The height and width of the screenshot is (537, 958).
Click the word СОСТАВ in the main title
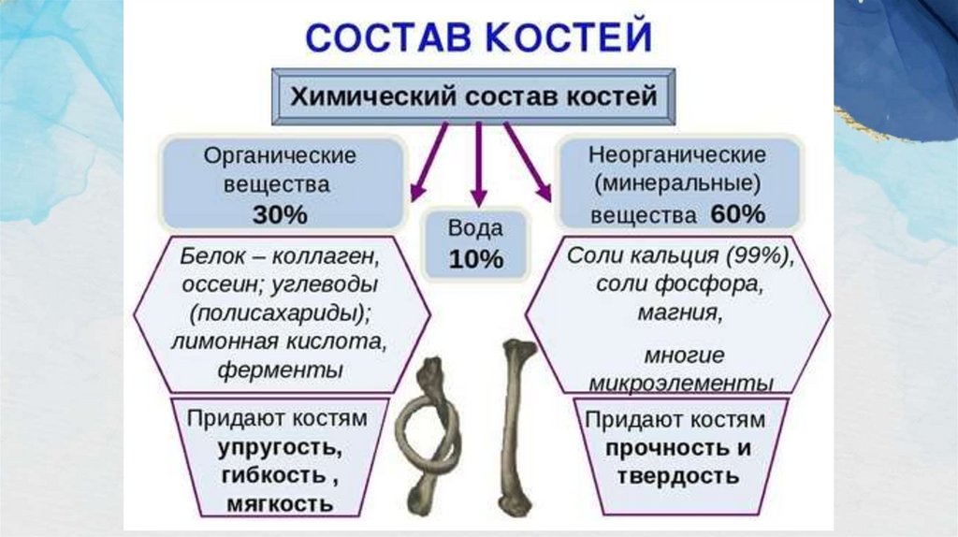(375, 38)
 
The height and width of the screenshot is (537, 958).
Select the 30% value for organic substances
(279, 214)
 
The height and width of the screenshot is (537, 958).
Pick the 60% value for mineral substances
(737, 214)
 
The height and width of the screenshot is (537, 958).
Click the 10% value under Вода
(476, 259)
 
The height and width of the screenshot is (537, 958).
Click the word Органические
(280, 154)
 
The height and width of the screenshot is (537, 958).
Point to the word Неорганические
(677, 153)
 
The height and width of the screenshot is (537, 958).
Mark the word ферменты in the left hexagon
(280, 369)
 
